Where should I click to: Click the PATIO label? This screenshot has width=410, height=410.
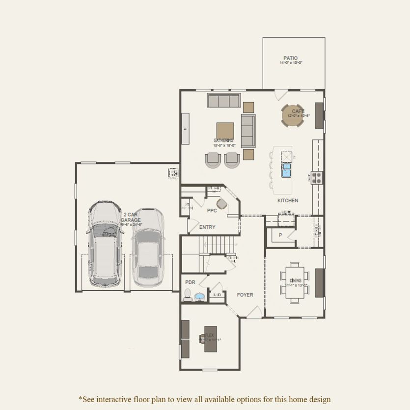tap(290, 58)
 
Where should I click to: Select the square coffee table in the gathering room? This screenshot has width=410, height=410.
tap(225, 131)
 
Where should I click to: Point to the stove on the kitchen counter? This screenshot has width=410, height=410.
tap(317, 178)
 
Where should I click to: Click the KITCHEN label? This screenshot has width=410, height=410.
tap(288, 201)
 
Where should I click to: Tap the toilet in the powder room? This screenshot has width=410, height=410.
tap(188, 295)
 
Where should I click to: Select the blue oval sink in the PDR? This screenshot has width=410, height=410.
tap(200, 297)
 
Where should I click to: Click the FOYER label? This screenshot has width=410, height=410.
tap(245, 295)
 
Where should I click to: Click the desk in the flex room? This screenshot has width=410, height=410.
tap(211, 339)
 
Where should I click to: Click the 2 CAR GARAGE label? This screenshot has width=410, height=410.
tap(131, 218)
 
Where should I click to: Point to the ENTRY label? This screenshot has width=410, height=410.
tap(207, 227)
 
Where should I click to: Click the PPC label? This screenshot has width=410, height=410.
tap(212, 211)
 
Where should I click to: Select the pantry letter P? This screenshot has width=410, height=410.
tap(280, 235)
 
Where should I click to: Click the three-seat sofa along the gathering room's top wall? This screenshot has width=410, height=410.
tap(223, 101)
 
